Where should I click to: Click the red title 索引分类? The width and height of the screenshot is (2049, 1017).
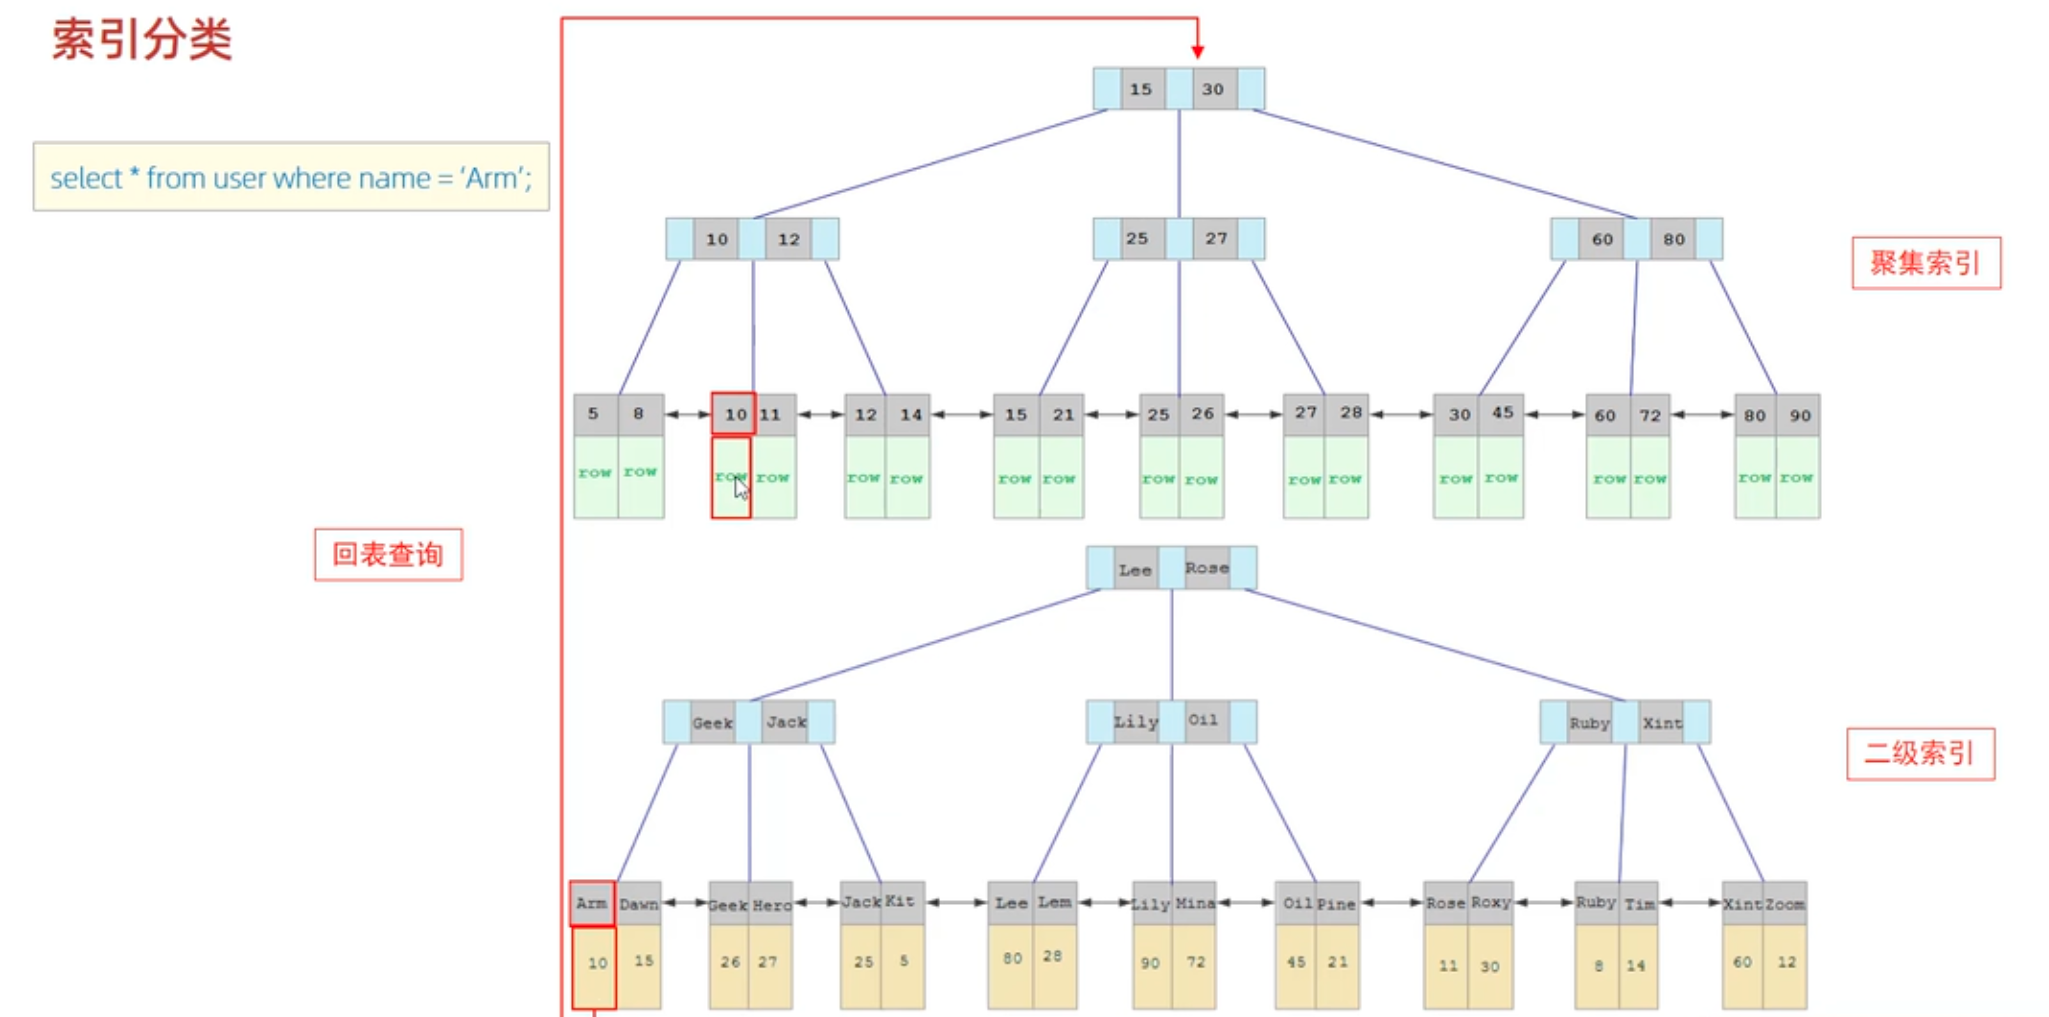tap(142, 39)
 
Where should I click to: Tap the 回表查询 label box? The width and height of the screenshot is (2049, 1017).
tap(388, 555)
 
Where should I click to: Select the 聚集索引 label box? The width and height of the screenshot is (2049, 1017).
tap(1925, 263)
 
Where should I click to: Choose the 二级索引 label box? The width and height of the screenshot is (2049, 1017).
tap(1920, 753)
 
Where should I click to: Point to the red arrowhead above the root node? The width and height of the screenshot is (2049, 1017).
tap(1197, 52)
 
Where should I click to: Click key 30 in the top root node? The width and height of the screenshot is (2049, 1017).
tap(1212, 89)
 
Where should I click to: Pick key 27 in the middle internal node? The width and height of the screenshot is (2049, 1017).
tap(1216, 239)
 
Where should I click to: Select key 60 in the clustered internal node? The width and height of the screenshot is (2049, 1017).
tap(1602, 239)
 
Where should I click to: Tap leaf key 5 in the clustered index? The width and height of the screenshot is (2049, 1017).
tap(593, 414)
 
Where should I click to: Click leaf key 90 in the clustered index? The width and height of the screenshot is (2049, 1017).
tap(1799, 415)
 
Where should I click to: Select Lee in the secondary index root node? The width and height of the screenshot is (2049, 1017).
tap(1135, 570)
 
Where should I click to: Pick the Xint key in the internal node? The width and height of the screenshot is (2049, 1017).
tap(1662, 723)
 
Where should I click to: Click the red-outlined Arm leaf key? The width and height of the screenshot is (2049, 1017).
tap(592, 903)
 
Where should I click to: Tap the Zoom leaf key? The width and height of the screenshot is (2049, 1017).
tap(1785, 904)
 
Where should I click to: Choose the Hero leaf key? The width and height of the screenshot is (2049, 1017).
tap(771, 905)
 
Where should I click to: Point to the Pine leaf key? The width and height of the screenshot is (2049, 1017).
tap(1336, 904)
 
